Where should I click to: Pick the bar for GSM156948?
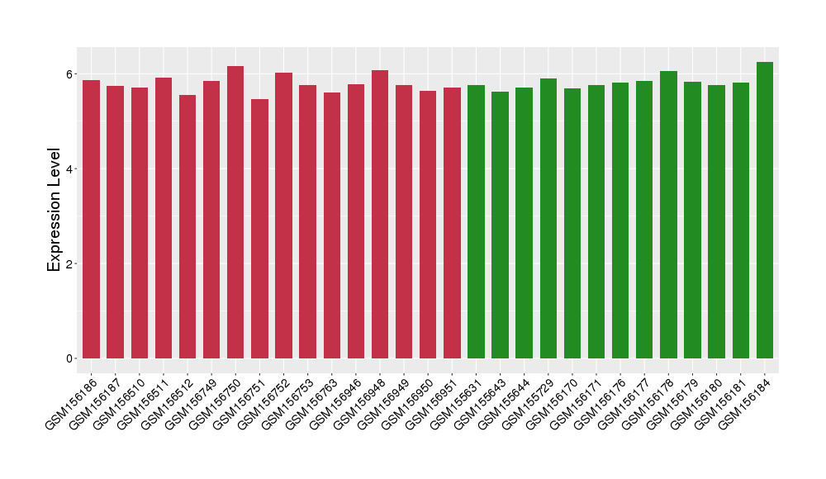380,215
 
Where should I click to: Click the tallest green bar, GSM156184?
765,211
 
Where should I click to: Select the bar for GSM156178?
668,215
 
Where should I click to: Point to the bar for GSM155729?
548,219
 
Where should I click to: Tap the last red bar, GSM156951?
452,223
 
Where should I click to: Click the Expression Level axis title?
55,209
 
